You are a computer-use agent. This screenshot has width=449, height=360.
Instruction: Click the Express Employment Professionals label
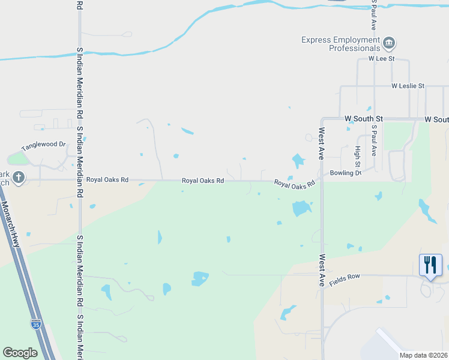(x=340, y=44)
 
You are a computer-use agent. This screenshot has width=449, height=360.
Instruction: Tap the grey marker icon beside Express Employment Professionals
(x=389, y=43)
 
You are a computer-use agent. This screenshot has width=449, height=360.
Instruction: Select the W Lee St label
(x=381, y=59)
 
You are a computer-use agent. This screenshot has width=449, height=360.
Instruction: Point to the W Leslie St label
(x=408, y=86)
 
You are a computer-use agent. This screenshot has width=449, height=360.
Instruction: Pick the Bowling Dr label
(x=345, y=173)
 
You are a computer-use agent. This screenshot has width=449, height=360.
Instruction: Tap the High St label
(x=358, y=157)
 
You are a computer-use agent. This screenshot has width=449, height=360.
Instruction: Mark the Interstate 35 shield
(x=36, y=325)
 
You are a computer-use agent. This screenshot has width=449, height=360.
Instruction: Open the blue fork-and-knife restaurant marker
(x=430, y=265)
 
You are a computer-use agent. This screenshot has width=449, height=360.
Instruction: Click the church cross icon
(x=19, y=178)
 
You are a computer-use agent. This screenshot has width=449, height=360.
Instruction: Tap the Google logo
(x=20, y=353)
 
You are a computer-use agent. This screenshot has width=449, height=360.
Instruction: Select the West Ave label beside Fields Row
(x=322, y=270)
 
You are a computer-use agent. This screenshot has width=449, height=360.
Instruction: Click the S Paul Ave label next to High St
(x=373, y=140)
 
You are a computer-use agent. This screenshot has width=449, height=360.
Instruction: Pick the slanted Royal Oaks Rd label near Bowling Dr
(x=295, y=184)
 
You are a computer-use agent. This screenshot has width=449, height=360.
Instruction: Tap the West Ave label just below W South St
(x=322, y=143)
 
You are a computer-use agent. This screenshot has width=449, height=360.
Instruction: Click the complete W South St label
(x=364, y=119)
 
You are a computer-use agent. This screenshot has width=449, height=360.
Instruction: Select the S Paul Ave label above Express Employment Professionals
(x=373, y=15)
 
